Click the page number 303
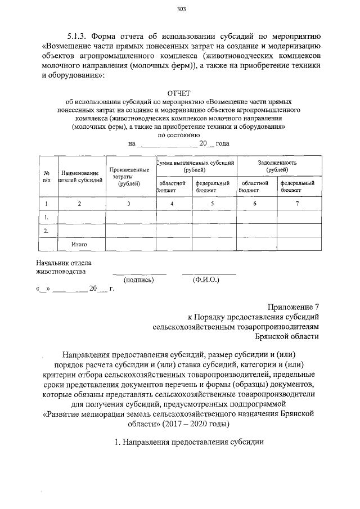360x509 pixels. (181, 8)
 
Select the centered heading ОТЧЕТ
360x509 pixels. (179, 92)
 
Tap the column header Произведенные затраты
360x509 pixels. (129, 175)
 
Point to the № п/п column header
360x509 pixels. (47, 176)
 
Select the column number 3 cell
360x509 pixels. (129, 203)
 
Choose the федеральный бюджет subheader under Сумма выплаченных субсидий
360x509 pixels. (213, 186)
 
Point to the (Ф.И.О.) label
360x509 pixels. (206, 280)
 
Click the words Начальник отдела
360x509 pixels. (63, 262)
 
